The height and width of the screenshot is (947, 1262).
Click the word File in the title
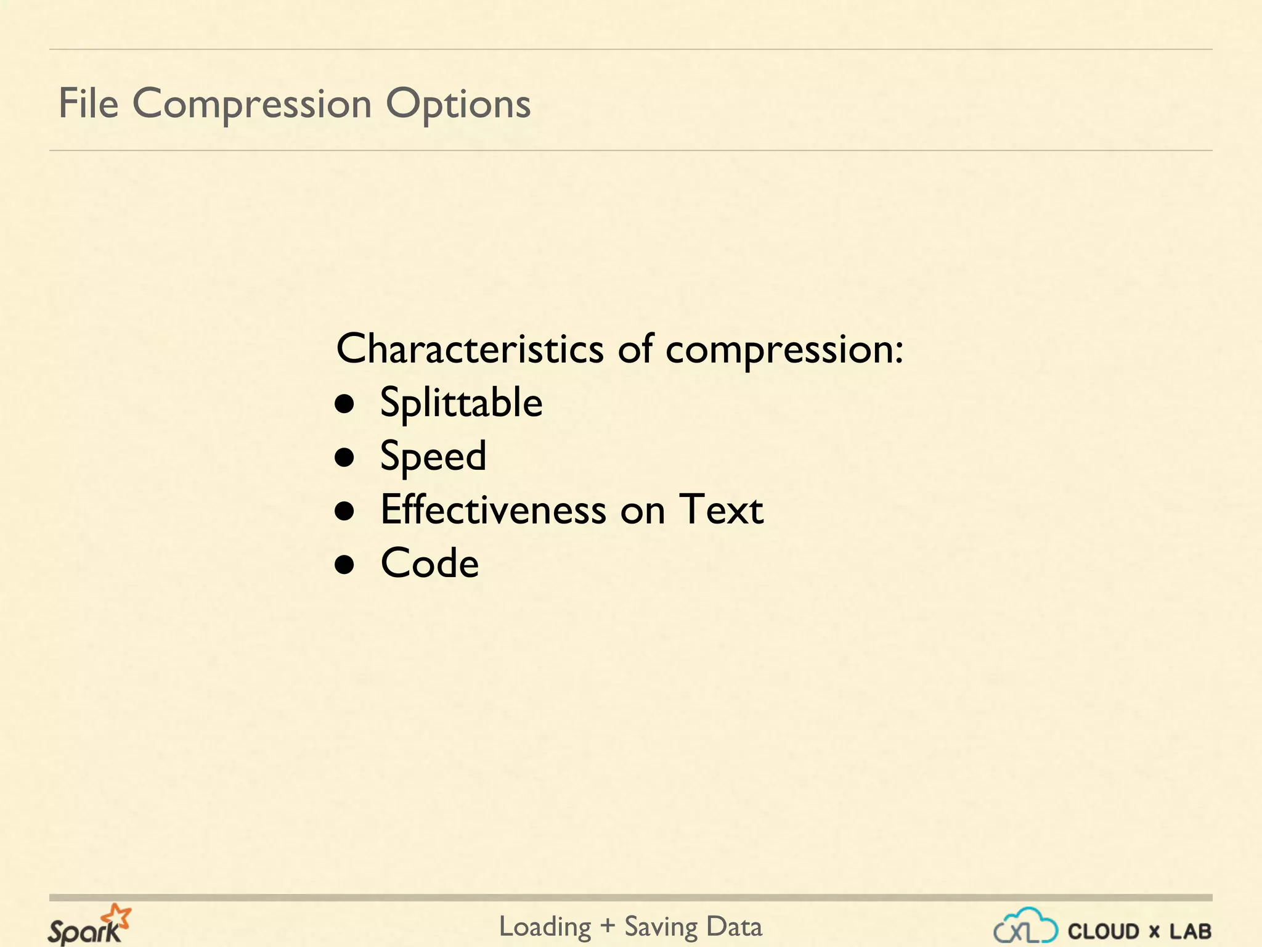tap(88, 103)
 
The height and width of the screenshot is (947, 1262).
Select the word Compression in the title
tap(251, 104)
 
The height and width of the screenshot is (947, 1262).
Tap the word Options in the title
tap(458, 104)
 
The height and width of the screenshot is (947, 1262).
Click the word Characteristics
tap(470, 349)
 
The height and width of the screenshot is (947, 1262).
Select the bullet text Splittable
tap(461, 403)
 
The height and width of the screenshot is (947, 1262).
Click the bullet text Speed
tap(433, 457)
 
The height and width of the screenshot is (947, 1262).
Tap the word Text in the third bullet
tap(721, 510)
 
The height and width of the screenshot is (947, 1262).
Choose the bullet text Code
tap(429, 563)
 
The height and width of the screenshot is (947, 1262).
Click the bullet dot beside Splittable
tap(344, 404)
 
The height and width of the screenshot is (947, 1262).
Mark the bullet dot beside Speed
tap(344, 457)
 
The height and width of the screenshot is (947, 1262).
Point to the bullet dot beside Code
tap(344, 564)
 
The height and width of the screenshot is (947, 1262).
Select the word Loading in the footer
tap(545, 927)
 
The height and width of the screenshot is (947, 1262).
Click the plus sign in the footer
tap(608, 927)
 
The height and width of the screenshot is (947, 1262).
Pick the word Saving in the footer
tap(661, 927)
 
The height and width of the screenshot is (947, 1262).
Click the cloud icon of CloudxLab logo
tap(1025, 927)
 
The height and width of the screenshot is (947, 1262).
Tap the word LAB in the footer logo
tap(1191, 931)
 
